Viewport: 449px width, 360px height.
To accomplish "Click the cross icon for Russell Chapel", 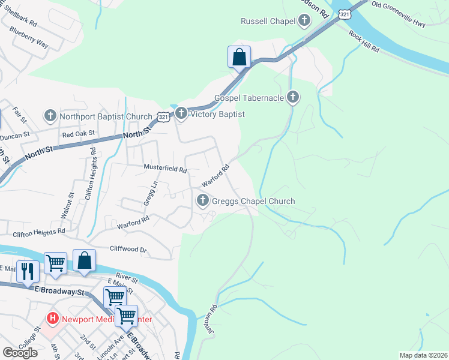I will coord(304,22).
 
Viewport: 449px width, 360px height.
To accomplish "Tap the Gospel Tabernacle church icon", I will coord(293,97).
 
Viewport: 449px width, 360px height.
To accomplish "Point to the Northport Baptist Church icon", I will coord(50,115).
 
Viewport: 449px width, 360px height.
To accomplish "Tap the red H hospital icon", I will coord(53,319).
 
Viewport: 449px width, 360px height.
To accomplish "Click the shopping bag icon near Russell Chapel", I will coord(239,58).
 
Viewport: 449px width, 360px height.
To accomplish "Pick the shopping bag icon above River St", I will coord(84,260).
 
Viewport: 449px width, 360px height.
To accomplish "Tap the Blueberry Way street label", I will coord(29,44).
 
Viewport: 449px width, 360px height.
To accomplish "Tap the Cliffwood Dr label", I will coord(128,248).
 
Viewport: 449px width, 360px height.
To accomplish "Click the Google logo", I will coord(20,352).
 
